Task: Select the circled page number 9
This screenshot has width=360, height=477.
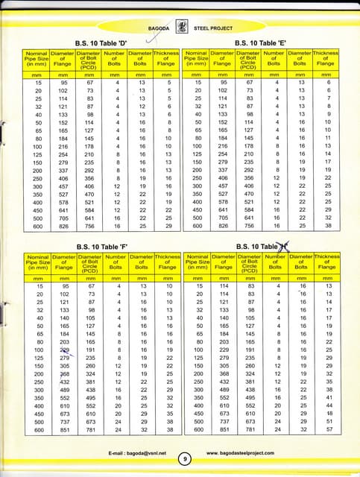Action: [183, 459]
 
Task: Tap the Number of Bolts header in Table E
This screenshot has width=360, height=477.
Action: [274, 60]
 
